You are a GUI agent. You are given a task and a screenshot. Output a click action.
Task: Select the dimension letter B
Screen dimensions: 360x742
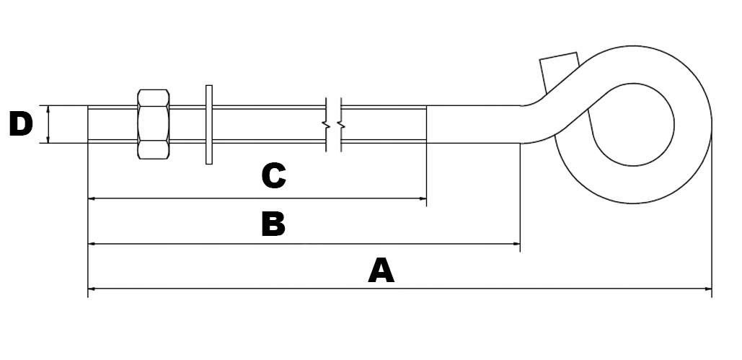tap(273, 224)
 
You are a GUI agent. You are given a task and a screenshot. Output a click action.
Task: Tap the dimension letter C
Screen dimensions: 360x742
tap(273, 175)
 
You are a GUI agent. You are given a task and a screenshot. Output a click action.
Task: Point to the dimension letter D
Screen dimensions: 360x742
tap(21, 125)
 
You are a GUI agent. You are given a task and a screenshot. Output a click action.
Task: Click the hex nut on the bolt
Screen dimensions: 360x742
tap(152, 124)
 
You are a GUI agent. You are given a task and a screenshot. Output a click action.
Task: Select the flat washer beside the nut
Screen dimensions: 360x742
tap(209, 124)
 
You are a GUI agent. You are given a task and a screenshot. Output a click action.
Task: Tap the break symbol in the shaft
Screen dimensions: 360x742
tap(333, 125)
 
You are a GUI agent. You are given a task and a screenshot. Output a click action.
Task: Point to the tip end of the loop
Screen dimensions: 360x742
tap(560, 63)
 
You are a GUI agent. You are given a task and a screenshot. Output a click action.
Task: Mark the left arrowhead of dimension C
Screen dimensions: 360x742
tap(91, 198)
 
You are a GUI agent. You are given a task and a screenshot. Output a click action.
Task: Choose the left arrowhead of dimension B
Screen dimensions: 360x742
tap(91, 244)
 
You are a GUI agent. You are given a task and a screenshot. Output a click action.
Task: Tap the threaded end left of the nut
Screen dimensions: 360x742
tap(112, 124)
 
